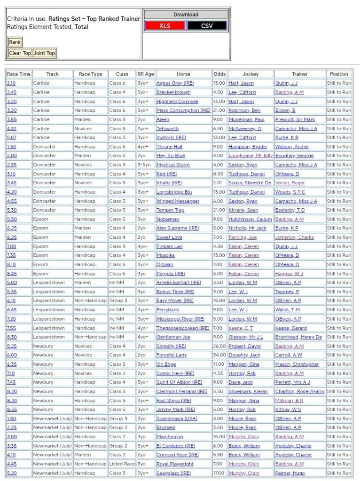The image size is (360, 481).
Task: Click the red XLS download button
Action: (x=164, y=26)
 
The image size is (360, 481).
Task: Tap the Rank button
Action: (x=15, y=42)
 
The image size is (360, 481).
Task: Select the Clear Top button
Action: (x=20, y=53)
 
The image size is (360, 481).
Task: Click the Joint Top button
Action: (x=44, y=53)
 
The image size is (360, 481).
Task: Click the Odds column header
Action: (x=219, y=74)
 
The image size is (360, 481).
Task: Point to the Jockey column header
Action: (x=250, y=74)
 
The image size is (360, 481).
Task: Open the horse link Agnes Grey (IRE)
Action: (x=175, y=83)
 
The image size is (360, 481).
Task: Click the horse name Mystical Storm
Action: (x=173, y=165)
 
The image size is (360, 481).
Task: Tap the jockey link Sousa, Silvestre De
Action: (x=250, y=183)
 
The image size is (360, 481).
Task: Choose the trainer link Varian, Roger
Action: (x=290, y=183)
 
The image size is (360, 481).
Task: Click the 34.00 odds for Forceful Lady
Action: (x=219, y=355)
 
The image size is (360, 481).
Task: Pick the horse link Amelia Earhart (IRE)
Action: (x=179, y=283)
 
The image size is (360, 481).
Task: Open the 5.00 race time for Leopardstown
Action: (x=11, y=283)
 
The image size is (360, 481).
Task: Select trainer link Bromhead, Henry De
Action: (x=298, y=337)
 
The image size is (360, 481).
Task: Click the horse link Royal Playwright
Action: (x=175, y=464)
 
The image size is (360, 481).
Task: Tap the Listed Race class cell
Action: (x=122, y=464)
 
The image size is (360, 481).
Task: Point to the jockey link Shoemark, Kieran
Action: (x=248, y=391)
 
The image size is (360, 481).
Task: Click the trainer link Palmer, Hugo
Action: (x=290, y=473)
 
